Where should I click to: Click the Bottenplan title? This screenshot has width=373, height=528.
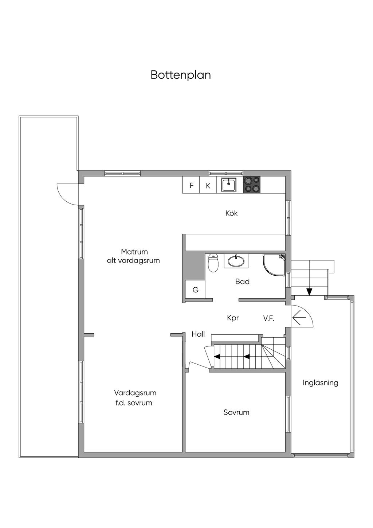(181, 75)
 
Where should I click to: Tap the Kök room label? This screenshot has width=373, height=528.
(231, 213)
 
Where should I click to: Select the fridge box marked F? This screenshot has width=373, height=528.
(191, 185)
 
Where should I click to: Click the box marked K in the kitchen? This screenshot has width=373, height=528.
(208, 185)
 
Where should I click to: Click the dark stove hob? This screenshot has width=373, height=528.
(252, 185)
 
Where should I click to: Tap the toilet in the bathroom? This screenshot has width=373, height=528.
(213, 263)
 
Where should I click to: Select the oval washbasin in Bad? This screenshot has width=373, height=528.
(236, 261)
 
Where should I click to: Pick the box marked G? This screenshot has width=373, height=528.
(195, 290)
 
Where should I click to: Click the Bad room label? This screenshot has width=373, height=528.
(242, 282)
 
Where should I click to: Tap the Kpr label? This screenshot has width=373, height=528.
(233, 318)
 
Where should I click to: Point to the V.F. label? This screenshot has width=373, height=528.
(269, 319)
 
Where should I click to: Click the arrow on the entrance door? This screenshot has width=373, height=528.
(299, 318)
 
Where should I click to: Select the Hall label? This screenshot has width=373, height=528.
(198, 334)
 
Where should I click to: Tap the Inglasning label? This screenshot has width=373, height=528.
(321, 383)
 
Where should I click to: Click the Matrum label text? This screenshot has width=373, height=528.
(134, 252)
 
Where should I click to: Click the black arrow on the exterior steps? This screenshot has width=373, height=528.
(309, 292)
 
